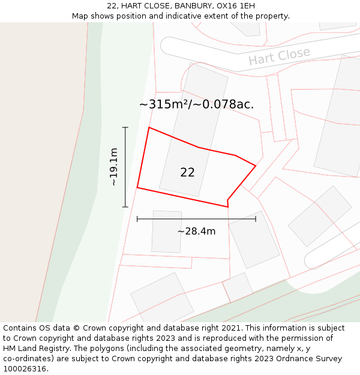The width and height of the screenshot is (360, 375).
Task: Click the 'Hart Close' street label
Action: pyautogui.click(x=279, y=56)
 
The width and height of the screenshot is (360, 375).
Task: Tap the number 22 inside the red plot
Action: pyautogui.click(x=187, y=172)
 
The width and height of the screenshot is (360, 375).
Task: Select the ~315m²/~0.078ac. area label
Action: pyautogui.click(x=196, y=104)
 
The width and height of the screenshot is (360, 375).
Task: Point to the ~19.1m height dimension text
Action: pyautogui.click(x=113, y=167)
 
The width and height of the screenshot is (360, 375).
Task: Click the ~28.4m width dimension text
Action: pyautogui.click(x=196, y=231)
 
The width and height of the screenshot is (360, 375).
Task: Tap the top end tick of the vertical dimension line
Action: pyautogui.click(x=125, y=127)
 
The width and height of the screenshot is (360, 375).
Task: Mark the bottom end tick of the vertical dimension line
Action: pyautogui.click(x=125, y=207)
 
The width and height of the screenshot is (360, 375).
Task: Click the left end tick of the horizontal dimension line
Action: pyautogui.click(x=137, y=219)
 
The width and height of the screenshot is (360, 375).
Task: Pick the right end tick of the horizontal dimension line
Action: pyautogui.click(x=256, y=219)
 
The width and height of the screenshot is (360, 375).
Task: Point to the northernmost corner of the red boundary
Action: pyautogui.click(x=149, y=127)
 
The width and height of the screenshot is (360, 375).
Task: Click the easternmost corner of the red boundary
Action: pyautogui.click(x=256, y=166)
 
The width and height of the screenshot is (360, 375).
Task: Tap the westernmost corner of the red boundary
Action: pyautogui.click(x=137, y=188)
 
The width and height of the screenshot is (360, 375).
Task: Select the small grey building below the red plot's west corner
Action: pyautogui.click(x=167, y=232)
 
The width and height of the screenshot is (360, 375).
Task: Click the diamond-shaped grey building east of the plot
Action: pyautogui.click(x=320, y=215)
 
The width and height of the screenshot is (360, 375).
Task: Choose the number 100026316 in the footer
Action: pyautogui.click(x=25, y=369)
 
